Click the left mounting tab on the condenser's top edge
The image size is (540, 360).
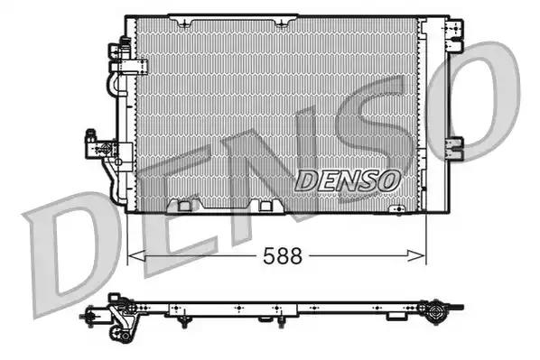click(184, 17)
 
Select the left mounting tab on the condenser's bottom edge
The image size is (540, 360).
click(186, 205)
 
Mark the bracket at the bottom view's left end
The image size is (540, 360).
click(99, 316)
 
